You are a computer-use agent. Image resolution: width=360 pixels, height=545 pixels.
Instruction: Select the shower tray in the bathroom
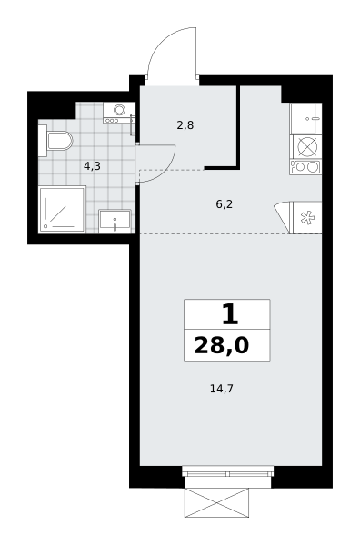tap(62, 209)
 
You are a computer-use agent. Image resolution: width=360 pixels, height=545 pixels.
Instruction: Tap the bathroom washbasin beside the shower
tap(115, 221)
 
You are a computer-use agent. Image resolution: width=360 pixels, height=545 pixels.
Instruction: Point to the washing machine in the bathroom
tap(119, 112)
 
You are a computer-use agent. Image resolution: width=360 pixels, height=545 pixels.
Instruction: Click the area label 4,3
tap(92, 166)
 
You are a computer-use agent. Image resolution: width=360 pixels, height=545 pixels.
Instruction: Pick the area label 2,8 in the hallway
tap(185, 125)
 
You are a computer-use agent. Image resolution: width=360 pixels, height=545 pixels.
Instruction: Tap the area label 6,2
tap(224, 204)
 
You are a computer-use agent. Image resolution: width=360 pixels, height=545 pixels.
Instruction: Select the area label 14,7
tap(222, 389)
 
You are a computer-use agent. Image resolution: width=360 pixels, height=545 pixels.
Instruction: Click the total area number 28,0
tap(222, 346)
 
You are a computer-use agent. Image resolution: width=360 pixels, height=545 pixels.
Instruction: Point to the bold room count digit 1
tap(230, 314)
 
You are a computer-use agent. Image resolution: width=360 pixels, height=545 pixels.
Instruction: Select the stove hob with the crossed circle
tap(307, 146)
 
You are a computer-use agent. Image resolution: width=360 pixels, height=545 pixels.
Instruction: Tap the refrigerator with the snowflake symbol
tap(307, 218)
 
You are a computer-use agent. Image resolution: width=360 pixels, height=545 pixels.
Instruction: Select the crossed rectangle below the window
tap(216, 503)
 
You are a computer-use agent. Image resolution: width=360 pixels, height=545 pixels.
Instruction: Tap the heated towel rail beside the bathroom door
tap(133, 124)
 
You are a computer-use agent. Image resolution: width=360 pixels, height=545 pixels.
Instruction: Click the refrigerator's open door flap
tap(284, 217)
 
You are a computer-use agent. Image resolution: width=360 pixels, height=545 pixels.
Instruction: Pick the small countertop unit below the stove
tap(305, 167)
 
